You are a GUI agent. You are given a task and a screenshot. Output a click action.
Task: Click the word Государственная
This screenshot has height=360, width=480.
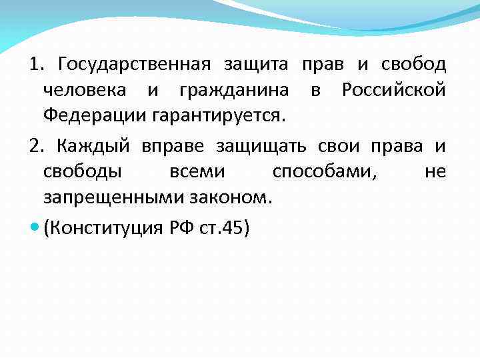[x=134, y=65]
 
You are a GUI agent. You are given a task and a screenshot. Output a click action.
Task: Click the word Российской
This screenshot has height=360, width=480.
[x=393, y=90]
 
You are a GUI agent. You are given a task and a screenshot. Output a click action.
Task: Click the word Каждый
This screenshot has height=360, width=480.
[x=89, y=146]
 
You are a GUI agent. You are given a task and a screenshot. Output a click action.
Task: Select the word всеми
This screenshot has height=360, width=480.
[x=197, y=171]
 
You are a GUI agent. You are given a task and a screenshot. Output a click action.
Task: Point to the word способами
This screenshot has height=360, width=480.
[x=324, y=171]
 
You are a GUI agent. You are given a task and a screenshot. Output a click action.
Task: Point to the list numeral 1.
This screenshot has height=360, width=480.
[x=35, y=65]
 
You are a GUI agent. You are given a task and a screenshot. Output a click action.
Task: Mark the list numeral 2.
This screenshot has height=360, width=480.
[x=35, y=146]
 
